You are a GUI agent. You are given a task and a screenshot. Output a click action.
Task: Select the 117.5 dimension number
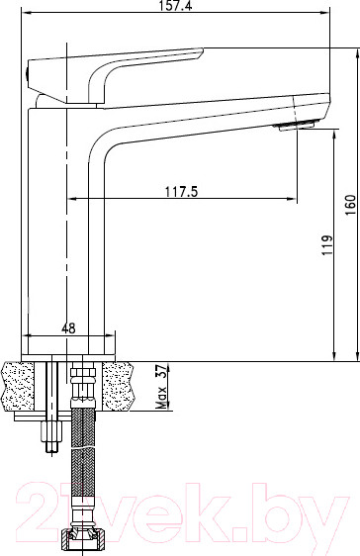[177, 192]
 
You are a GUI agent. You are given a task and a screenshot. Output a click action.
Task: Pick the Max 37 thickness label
[160, 389]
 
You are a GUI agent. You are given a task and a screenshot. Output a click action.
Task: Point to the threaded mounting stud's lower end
[49, 450]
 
